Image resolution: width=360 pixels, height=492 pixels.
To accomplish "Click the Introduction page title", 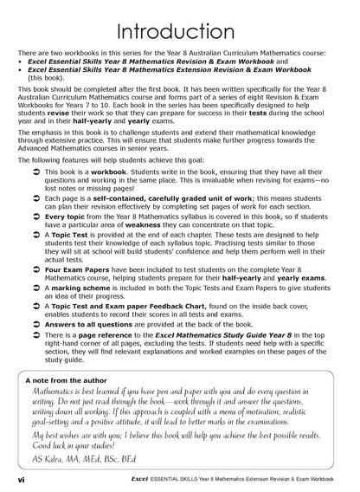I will tap(179, 32).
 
